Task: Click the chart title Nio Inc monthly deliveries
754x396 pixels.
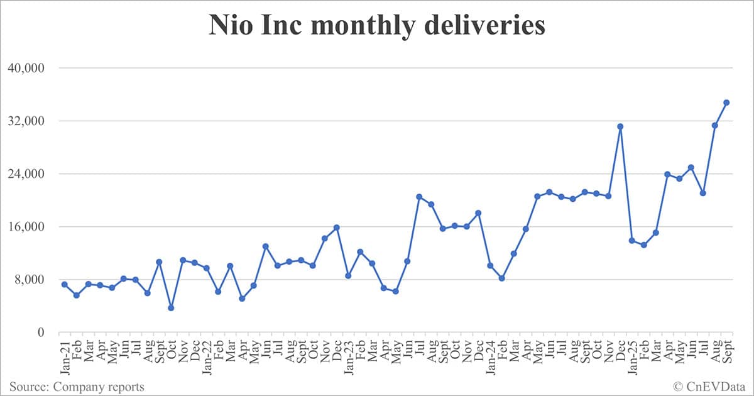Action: tap(377, 26)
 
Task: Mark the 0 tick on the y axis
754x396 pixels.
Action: tap(42, 333)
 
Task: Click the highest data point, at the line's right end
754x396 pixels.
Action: tap(726, 102)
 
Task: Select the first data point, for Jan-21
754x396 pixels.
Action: tap(65, 285)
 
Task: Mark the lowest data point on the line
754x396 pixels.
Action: tap(171, 308)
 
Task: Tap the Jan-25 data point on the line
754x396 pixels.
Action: tap(632, 241)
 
